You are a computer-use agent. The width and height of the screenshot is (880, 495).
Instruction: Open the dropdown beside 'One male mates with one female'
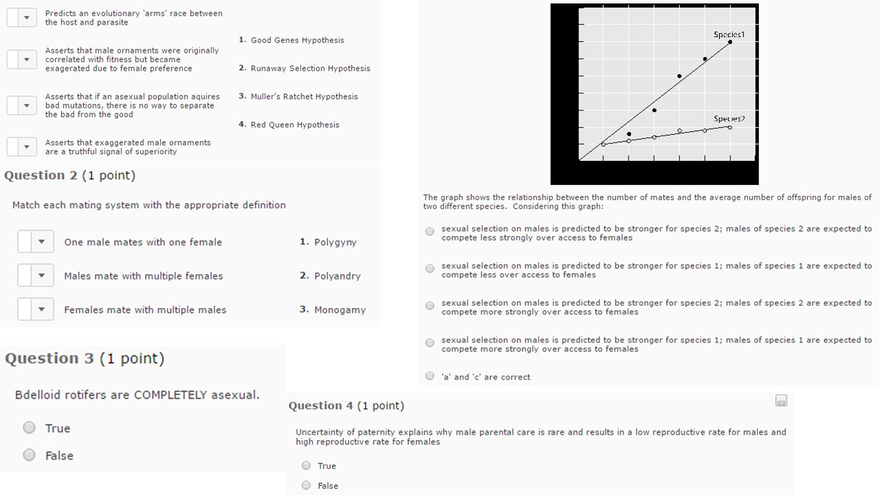coord(36,242)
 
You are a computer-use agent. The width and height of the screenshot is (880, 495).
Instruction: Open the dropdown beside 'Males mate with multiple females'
coord(36,276)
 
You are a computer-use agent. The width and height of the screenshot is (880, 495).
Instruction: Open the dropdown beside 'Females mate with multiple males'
coord(36,309)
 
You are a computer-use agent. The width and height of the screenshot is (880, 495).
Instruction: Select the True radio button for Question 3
coord(29,428)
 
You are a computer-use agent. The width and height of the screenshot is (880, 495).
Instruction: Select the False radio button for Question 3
coord(29,455)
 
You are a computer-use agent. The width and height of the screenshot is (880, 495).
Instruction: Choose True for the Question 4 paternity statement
coord(307,465)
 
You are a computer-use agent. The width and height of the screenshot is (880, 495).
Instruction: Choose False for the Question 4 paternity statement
coord(307,485)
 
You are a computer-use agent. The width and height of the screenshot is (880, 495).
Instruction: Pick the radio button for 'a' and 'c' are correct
coord(430,376)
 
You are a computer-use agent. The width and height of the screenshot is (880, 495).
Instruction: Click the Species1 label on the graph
coord(729,34)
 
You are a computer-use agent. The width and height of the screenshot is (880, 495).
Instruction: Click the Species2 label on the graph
coord(729,119)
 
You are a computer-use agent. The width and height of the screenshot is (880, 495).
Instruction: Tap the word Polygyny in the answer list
coord(335,242)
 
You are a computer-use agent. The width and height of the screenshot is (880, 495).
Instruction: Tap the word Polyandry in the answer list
coord(337,276)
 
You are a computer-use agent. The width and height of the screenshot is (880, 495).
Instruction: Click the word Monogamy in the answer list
coord(340,309)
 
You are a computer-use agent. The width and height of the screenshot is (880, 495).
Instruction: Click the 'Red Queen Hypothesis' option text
coord(295,124)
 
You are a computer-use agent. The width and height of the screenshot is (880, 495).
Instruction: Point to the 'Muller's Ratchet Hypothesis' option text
coord(304,96)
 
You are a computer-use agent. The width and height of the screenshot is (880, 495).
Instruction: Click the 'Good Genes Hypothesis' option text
coord(297,40)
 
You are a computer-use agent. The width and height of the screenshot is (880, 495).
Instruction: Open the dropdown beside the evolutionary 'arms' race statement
coord(22,18)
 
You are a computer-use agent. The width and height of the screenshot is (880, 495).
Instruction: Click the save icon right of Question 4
coord(781,401)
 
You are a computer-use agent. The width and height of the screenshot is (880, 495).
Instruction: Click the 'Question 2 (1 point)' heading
coord(69,175)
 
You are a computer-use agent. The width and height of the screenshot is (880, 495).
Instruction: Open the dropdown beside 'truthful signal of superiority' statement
coord(22,147)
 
